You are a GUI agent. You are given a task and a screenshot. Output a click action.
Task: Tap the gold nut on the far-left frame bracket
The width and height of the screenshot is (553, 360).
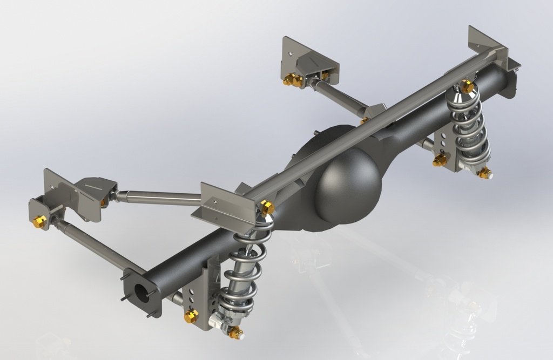[39, 221]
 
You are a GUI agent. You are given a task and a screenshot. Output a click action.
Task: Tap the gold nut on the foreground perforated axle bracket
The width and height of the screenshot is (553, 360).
[191, 316]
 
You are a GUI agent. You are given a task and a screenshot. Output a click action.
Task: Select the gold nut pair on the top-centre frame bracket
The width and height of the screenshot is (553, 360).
[293, 80]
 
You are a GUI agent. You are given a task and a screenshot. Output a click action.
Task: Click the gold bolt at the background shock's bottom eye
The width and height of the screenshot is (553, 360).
[484, 173]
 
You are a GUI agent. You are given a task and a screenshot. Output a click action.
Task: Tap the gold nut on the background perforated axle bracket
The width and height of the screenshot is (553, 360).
[440, 160]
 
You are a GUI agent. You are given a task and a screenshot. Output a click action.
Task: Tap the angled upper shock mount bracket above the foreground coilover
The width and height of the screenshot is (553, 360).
[227, 202]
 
